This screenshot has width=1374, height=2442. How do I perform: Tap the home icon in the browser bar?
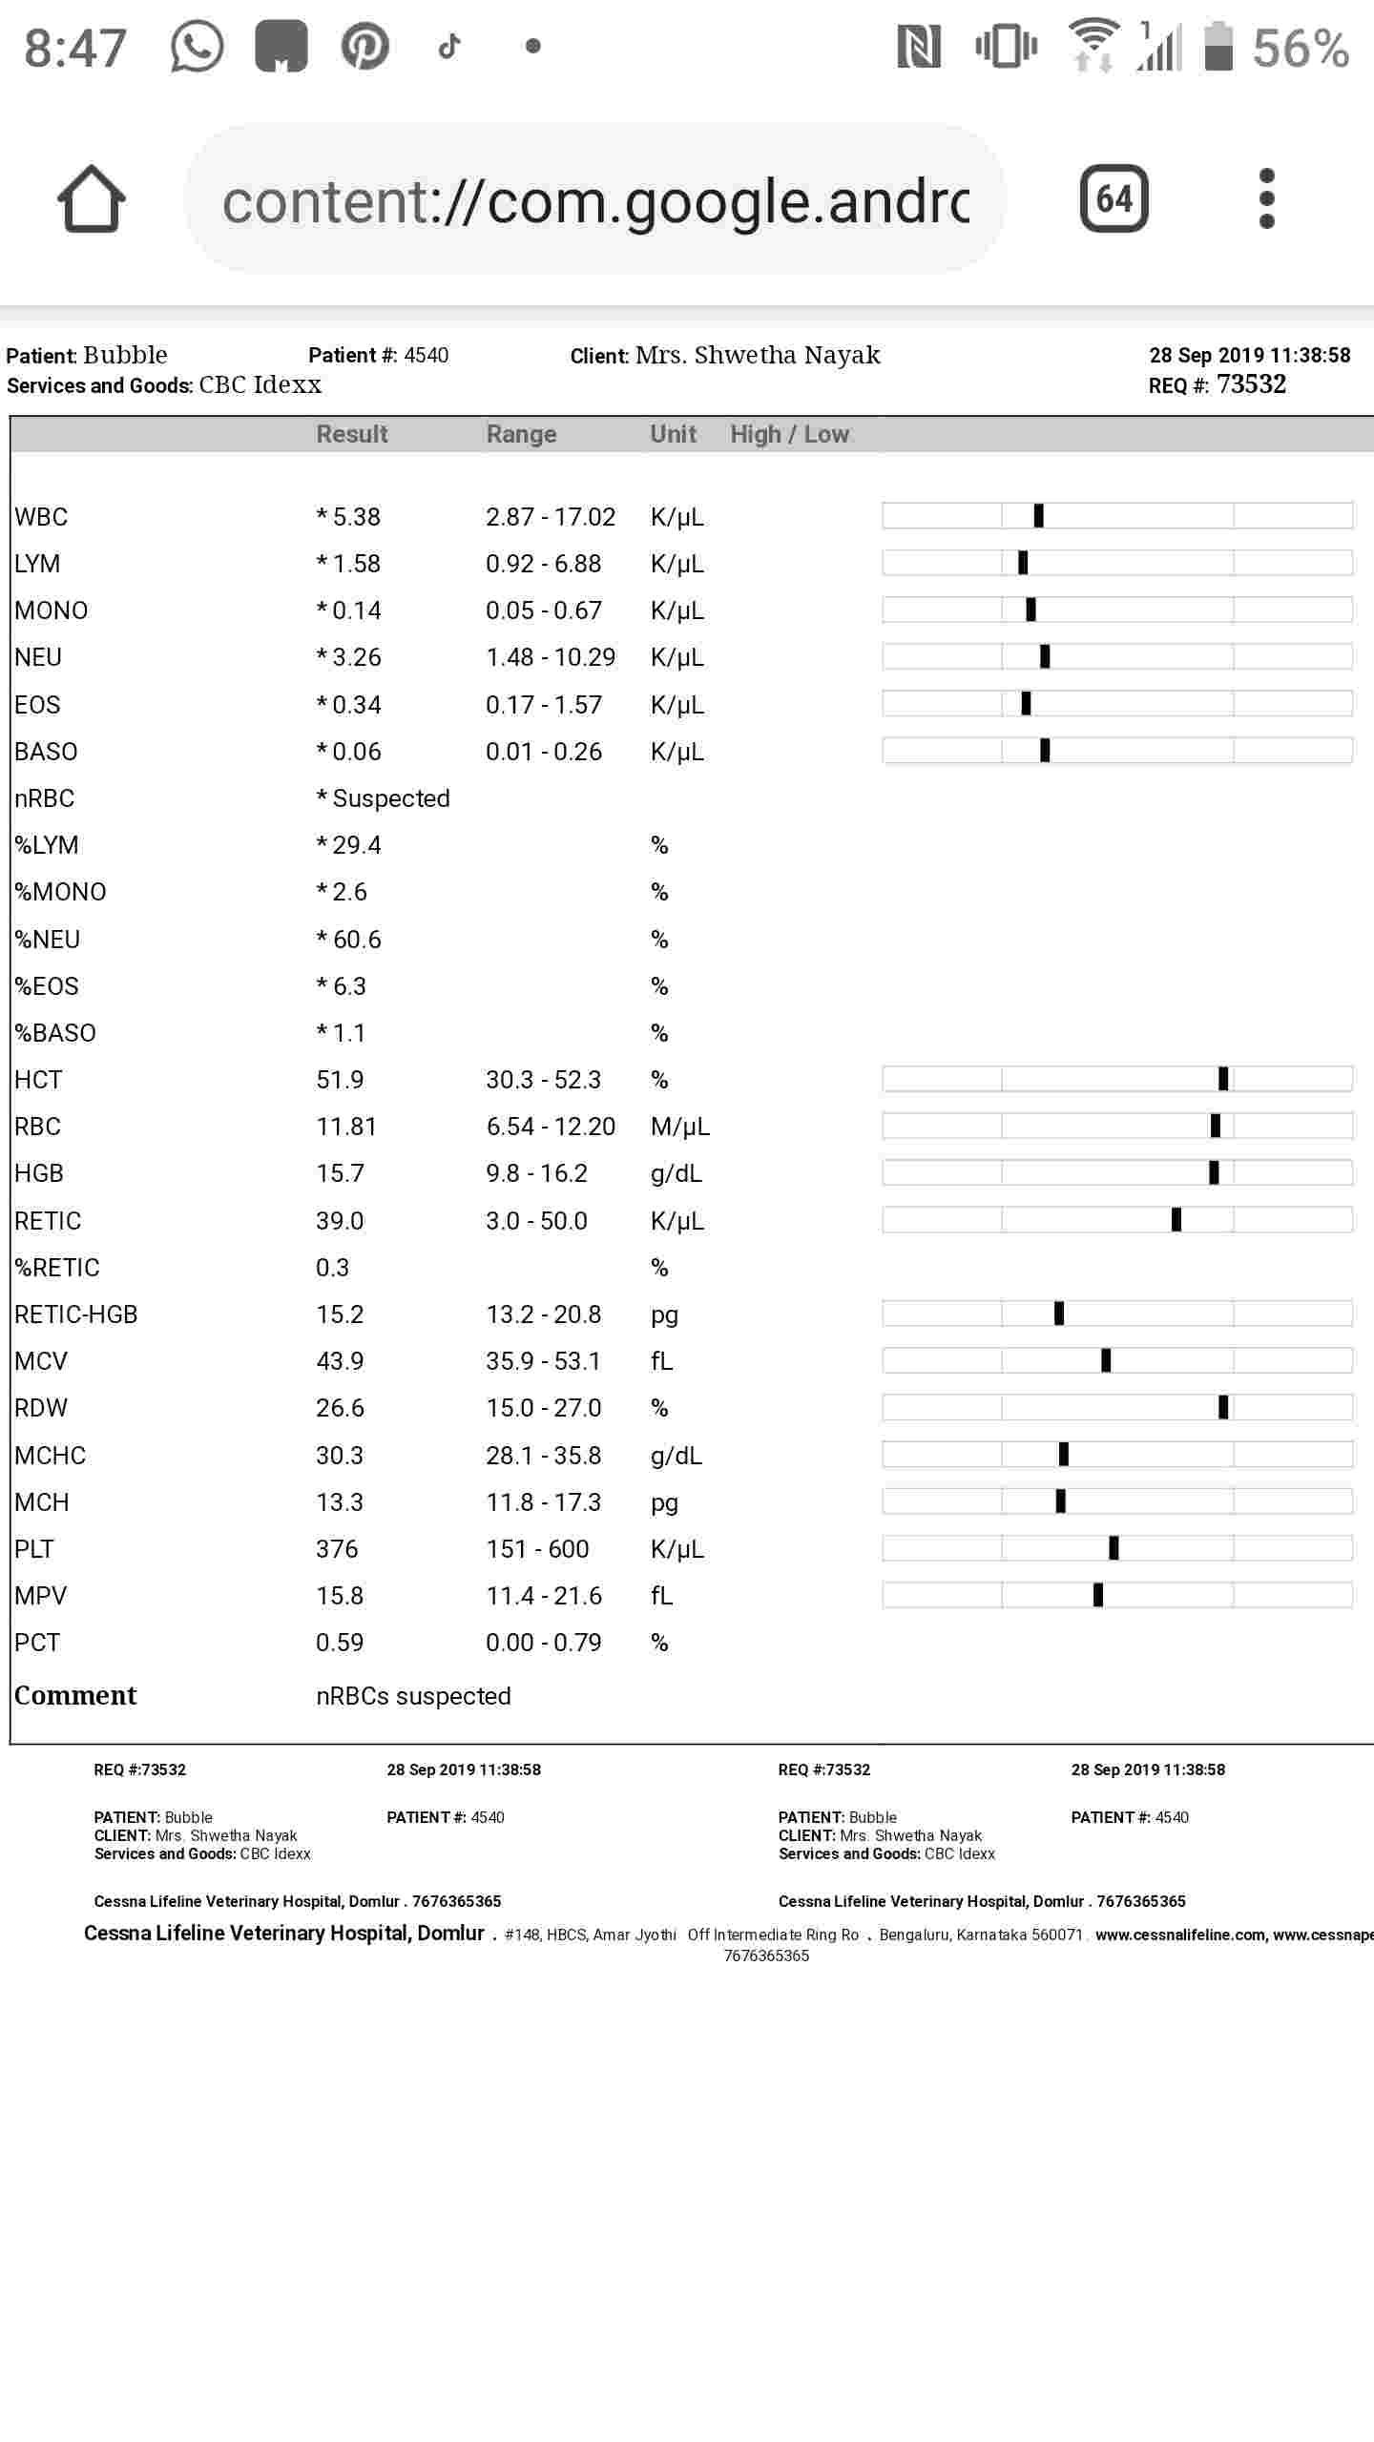point(92,198)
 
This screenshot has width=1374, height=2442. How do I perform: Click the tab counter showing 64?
point(1114,198)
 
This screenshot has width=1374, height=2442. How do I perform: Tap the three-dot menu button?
point(1266,198)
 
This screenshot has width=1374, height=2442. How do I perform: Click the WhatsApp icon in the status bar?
point(197,46)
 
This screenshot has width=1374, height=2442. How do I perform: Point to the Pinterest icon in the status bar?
point(364,46)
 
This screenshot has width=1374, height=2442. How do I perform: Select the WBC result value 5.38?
point(356,517)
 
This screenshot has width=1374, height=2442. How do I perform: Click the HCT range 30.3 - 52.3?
point(543,1080)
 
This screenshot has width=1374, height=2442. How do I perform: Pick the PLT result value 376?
point(337,1549)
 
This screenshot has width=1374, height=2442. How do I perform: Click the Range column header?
point(521,434)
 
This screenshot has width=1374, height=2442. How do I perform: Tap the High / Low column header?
point(789,434)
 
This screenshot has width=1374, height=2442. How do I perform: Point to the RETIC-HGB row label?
point(76,1314)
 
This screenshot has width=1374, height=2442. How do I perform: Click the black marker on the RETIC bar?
point(1176,1220)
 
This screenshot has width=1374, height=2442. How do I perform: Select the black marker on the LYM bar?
point(1023,563)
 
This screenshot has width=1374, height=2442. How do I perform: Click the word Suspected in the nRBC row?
point(390,798)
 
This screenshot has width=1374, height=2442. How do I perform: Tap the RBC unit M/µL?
point(679,1127)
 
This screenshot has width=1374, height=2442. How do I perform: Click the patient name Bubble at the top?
point(125,355)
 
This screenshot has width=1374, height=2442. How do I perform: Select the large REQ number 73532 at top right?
point(1251,384)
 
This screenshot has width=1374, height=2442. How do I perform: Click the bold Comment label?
point(75,1695)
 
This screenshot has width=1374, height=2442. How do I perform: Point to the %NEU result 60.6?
point(357,940)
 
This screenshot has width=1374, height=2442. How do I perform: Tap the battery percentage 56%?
point(1301,48)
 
